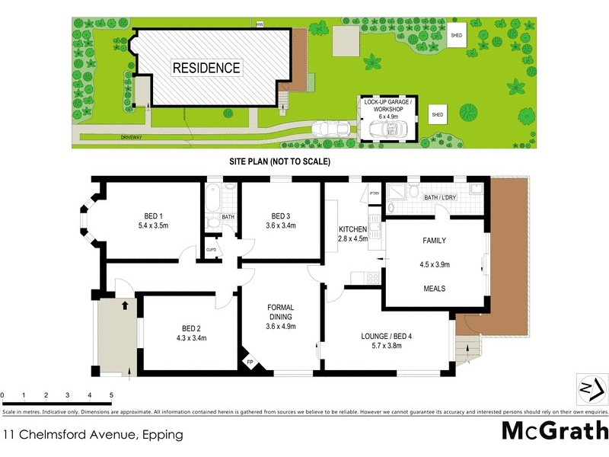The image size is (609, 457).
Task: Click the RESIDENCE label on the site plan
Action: coord(206,68)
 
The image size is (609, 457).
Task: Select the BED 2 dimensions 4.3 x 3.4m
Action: coord(191,337)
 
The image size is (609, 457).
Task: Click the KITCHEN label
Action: coord(353,229)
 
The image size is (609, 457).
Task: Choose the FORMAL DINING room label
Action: coord(280,312)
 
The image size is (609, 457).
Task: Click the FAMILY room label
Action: coord(434,241)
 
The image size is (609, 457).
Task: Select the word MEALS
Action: coord(434,289)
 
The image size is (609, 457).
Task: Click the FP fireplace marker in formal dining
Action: coord(250,361)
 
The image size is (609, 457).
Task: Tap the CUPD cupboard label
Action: coord(210,249)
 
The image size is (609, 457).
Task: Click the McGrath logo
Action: coord(553,430)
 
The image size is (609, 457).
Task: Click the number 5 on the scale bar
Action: coord(111,395)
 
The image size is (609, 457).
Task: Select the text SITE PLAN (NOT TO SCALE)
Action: coord(279,162)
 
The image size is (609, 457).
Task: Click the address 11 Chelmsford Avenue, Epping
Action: coord(93,435)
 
